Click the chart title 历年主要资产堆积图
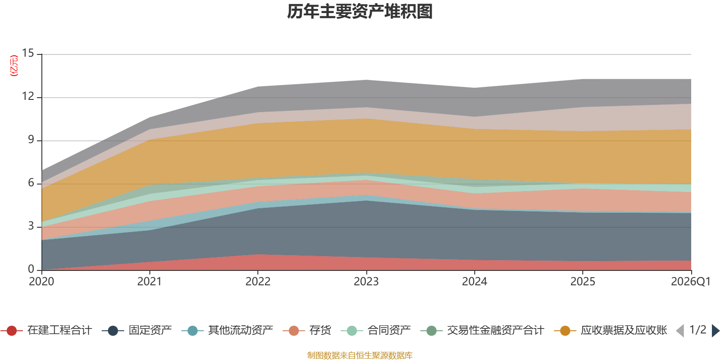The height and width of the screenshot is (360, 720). point(360,12)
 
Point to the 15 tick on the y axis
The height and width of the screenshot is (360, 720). point(28,53)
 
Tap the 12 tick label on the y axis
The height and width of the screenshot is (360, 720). point(28,96)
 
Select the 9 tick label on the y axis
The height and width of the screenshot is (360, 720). point(31,139)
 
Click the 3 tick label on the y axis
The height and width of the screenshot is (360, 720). point(31,226)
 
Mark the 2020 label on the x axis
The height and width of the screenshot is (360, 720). point(41,282)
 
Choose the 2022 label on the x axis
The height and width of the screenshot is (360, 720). point(258,282)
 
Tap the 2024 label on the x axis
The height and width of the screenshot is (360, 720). point(474,282)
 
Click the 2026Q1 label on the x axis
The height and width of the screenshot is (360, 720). point(691,282)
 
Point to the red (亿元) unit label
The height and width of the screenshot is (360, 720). point(14,66)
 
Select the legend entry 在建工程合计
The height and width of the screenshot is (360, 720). point(47,330)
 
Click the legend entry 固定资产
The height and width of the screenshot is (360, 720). point(137,330)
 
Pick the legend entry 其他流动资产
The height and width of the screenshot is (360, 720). point(227,330)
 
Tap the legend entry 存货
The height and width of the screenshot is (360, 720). point(307,330)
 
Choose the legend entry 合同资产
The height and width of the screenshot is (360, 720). point(376,330)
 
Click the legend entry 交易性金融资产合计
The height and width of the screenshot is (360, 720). point(482,330)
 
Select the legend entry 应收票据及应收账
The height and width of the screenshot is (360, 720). point(610,330)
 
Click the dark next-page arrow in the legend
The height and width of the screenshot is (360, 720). point(715,331)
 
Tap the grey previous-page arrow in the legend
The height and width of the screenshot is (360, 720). point(680,331)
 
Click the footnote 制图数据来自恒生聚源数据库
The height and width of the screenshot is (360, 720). point(360,355)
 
